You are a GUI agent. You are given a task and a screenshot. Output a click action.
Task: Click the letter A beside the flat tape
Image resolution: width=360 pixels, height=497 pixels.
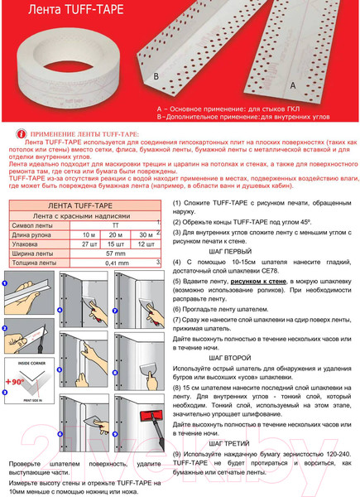[x=292, y=84]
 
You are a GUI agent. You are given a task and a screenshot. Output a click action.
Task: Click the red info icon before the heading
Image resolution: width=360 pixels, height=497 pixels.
[x=21, y=133]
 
